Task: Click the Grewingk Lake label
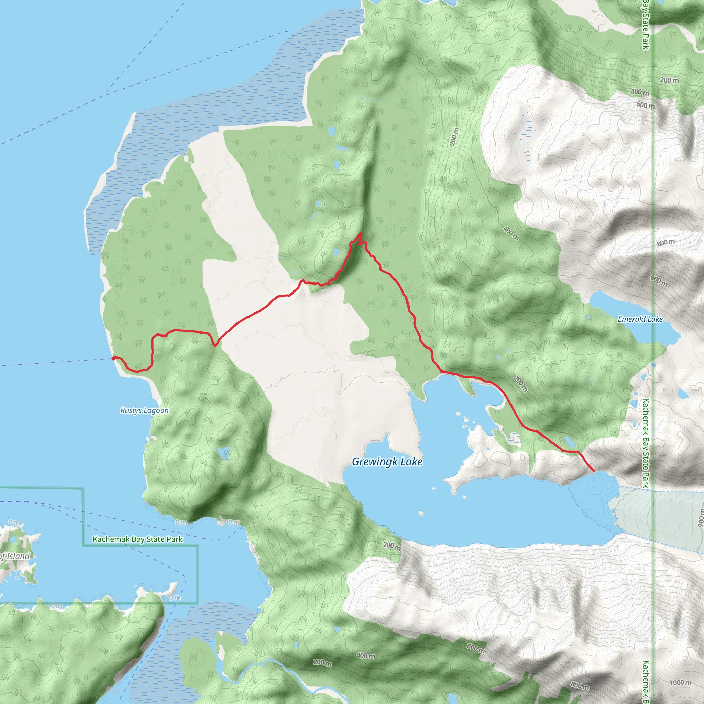387,462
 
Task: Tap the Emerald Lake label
640,320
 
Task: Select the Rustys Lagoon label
145,411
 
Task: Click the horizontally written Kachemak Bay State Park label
137,539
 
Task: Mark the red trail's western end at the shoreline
114,359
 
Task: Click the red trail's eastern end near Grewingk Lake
594,471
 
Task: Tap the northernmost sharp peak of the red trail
360,233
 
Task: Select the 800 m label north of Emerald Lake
666,242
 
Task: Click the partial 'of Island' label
14,556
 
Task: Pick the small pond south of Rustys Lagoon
223,453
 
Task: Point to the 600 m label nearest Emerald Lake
659,280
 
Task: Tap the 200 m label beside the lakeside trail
520,384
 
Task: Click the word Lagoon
157,411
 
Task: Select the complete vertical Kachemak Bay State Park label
645,443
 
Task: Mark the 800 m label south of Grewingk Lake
579,686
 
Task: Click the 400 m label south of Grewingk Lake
365,656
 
